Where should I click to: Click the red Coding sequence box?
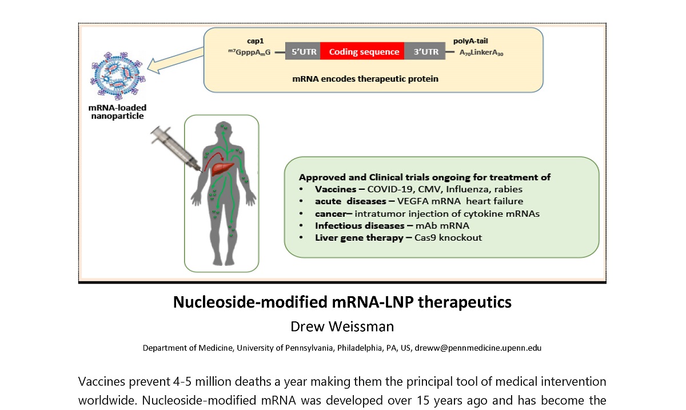[362, 52]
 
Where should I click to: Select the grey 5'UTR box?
[302, 52]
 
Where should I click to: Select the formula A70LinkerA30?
[482, 53]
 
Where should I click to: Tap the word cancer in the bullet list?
[331, 213]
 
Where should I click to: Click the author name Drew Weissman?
[342, 327]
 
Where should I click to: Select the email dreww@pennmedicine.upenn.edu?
[478, 348]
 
